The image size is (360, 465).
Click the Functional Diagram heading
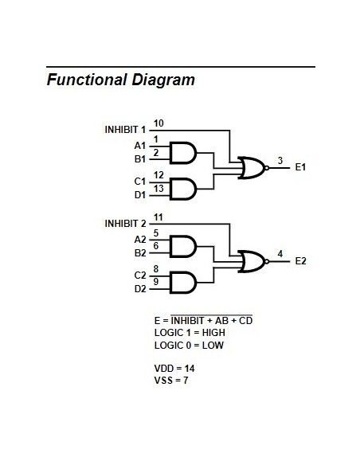tap(120, 80)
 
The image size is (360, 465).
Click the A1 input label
tap(139, 146)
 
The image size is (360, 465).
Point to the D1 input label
tap(139, 194)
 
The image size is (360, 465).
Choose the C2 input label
tap(139, 275)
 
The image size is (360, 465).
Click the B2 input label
tap(139, 253)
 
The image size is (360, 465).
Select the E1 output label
tap(301, 168)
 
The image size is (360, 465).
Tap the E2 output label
tap(301, 260)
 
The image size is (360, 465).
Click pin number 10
tap(158, 123)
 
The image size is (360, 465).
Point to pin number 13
tap(158, 188)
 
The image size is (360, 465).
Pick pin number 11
tap(158, 217)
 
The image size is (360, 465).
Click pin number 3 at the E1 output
tap(280, 161)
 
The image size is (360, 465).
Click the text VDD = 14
tap(174, 369)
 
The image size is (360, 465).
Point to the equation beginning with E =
tap(203, 320)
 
